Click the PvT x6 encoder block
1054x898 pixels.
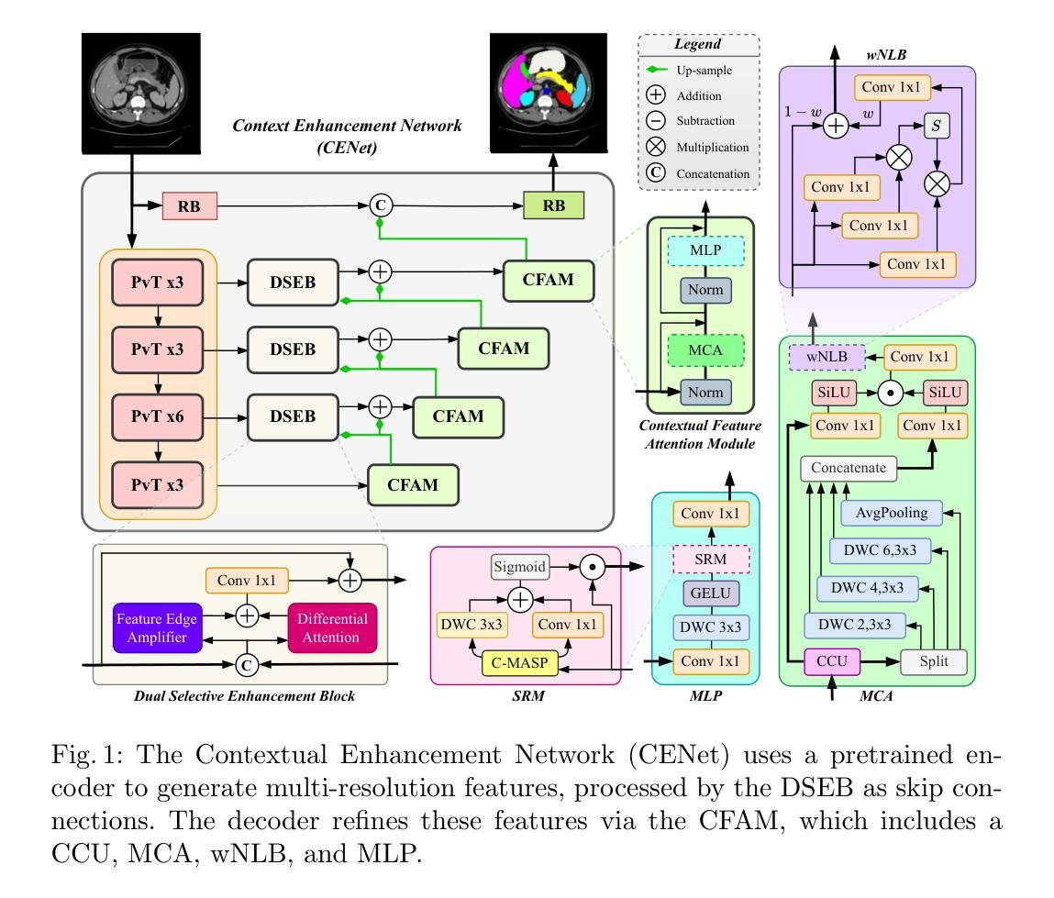click(x=157, y=416)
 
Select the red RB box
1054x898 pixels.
click(x=189, y=206)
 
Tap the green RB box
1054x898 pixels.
click(x=554, y=205)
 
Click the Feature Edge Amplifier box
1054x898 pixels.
click(x=157, y=626)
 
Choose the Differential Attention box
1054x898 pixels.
click(x=332, y=627)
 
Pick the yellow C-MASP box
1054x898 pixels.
click(x=521, y=660)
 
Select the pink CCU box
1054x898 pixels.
click(x=831, y=661)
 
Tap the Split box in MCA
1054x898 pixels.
click(x=932, y=661)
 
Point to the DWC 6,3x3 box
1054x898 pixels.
click(x=879, y=550)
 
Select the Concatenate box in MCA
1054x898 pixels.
click(x=849, y=468)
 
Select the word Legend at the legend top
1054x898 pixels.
click(x=698, y=44)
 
